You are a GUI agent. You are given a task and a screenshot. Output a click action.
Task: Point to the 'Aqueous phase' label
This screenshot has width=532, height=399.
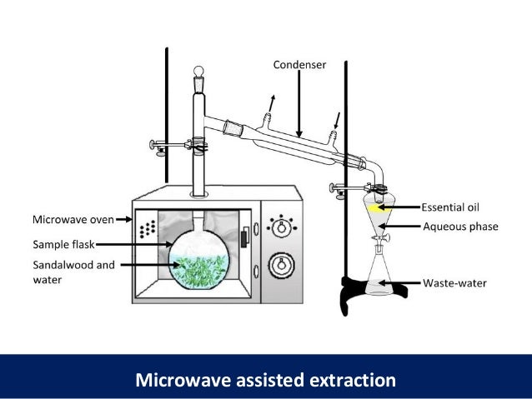[460, 226]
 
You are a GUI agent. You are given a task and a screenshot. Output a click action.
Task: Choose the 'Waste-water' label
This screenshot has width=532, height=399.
[454, 282]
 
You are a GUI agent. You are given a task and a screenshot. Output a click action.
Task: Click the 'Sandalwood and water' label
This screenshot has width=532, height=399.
[70, 272]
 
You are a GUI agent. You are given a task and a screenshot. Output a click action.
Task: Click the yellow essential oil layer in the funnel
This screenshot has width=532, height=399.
[379, 207]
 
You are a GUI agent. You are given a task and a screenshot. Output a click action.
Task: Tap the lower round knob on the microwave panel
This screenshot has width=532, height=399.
[282, 266]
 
